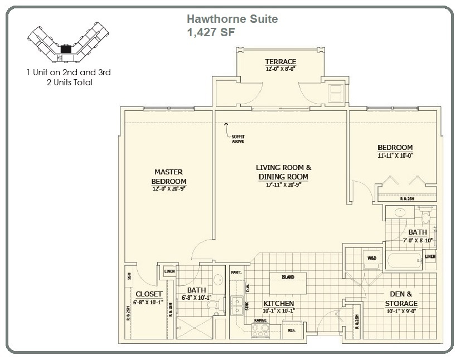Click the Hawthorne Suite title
pyautogui.click(x=232, y=20)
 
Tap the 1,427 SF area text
pyautogui.click(x=211, y=32)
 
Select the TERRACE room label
pyautogui.click(x=280, y=61)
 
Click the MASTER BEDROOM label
pyautogui.click(x=168, y=177)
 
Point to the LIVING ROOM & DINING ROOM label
pyautogui.click(x=283, y=172)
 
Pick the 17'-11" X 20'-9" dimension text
pyautogui.click(x=283, y=185)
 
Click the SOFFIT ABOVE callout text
pyautogui.click(x=238, y=139)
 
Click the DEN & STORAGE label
pyautogui.click(x=401, y=299)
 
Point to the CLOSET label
pyautogui.click(x=149, y=294)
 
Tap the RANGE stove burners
pyautogui.click(x=260, y=330)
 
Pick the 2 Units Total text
pyautogui.click(x=69, y=82)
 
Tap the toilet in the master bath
pyautogui.click(x=212, y=304)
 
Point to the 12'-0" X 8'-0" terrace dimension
pyautogui.click(x=280, y=69)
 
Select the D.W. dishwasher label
pyautogui.click(x=248, y=288)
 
